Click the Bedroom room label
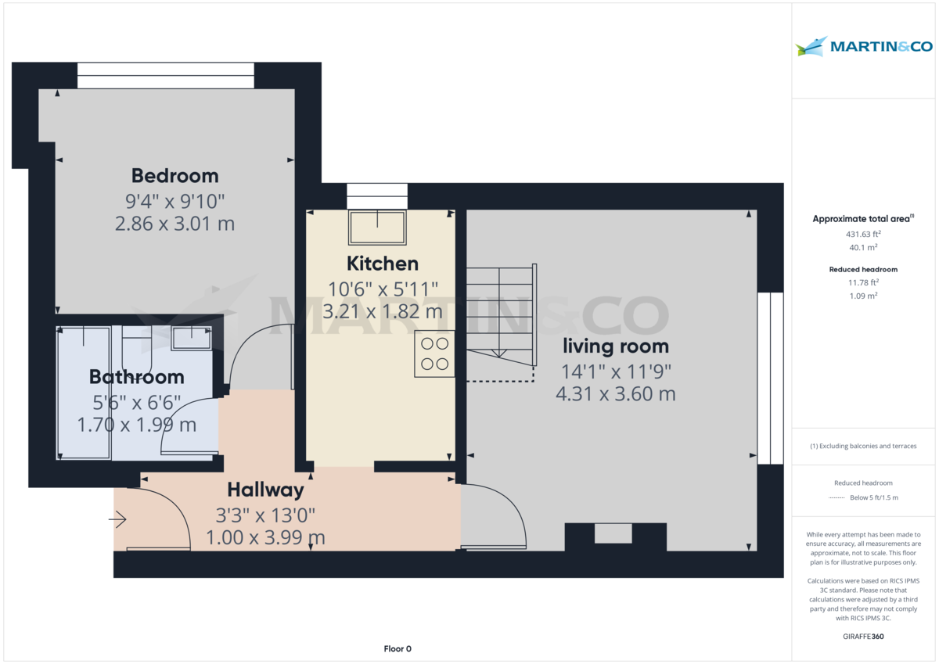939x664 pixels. pyautogui.click(x=174, y=175)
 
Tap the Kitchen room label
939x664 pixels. pyautogui.click(x=383, y=264)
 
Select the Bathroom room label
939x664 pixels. pyautogui.click(x=137, y=377)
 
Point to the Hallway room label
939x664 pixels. pyautogui.click(x=265, y=490)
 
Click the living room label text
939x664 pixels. pyautogui.click(x=615, y=346)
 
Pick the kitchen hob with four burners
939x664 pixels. pyautogui.click(x=434, y=354)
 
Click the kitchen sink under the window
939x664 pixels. pyautogui.click(x=377, y=228)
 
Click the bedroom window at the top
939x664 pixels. pyautogui.click(x=166, y=76)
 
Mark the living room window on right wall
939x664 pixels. pyautogui.click(x=770, y=378)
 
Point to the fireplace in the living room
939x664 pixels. pyautogui.click(x=614, y=535)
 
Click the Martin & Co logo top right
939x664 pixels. pyautogui.click(x=864, y=47)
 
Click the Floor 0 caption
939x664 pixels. pyautogui.click(x=398, y=648)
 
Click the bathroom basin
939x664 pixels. pyautogui.click(x=192, y=338)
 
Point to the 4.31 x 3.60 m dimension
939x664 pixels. pyautogui.click(x=615, y=394)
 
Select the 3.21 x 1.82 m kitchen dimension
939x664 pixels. pyautogui.click(x=383, y=312)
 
